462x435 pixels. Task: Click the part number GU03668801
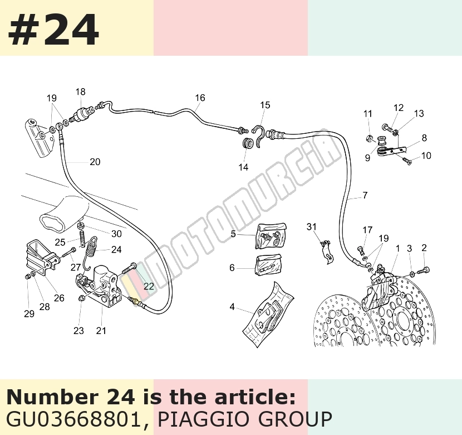pos(73,419)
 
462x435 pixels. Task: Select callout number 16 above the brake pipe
pos(200,98)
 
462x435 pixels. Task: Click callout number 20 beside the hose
pos(95,162)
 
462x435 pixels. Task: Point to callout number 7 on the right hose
pos(365,195)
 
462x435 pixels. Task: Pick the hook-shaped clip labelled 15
pos(259,136)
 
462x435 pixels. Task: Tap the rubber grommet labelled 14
pos(248,143)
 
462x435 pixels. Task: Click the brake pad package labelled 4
pos(268,315)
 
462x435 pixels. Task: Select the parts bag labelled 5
pos(271,235)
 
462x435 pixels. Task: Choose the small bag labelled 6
pos(268,265)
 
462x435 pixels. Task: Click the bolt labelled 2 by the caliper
pos(424,270)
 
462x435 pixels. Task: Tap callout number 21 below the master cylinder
pos(101,331)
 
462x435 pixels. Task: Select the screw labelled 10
pos(406,161)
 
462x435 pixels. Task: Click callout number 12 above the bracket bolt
pos(399,108)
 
